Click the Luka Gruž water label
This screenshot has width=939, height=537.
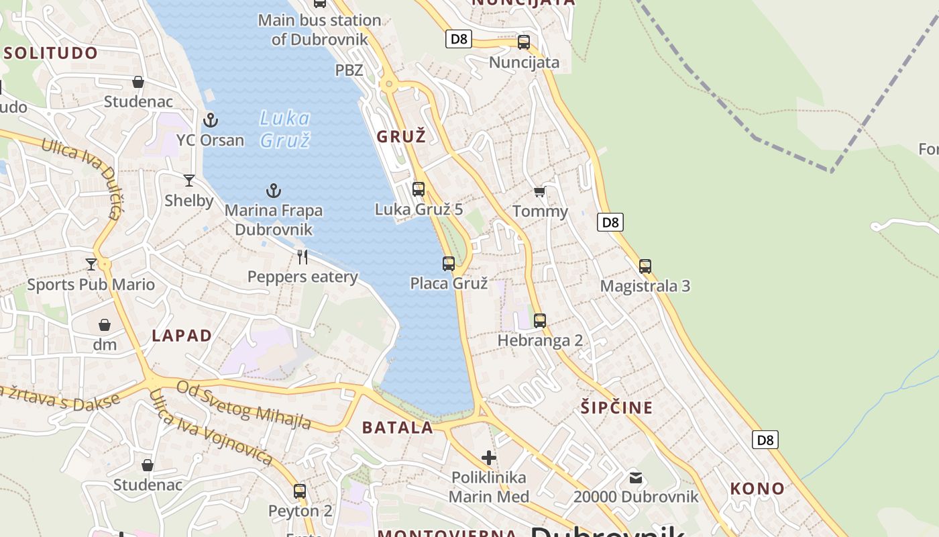[x=285, y=129]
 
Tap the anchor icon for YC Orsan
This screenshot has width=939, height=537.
[x=211, y=120]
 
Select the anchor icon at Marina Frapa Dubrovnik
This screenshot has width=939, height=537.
[x=273, y=191]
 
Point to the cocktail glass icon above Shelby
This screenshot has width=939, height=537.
[x=189, y=180]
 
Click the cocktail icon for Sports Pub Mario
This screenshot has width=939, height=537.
[x=91, y=264]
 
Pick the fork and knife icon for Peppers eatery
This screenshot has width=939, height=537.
[x=302, y=256]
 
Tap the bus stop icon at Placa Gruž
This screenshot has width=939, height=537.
[x=449, y=263]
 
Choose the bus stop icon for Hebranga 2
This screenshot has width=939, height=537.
[x=540, y=320]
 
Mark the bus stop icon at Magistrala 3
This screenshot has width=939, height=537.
[x=645, y=266]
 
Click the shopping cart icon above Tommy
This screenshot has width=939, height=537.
[x=540, y=192]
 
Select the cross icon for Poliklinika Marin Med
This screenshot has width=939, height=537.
[x=489, y=458]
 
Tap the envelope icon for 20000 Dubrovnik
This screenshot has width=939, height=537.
[x=636, y=478]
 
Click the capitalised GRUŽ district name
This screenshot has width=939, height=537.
[x=401, y=137]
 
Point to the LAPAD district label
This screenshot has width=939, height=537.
[x=182, y=336]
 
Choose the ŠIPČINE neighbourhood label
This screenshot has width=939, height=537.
[x=616, y=407]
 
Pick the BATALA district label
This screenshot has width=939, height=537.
[x=398, y=428]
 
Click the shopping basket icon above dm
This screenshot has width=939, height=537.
[x=105, y=325]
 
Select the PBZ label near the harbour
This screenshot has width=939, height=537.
[x=349, y=70]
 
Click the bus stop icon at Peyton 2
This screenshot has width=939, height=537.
[x=300, y=491]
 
